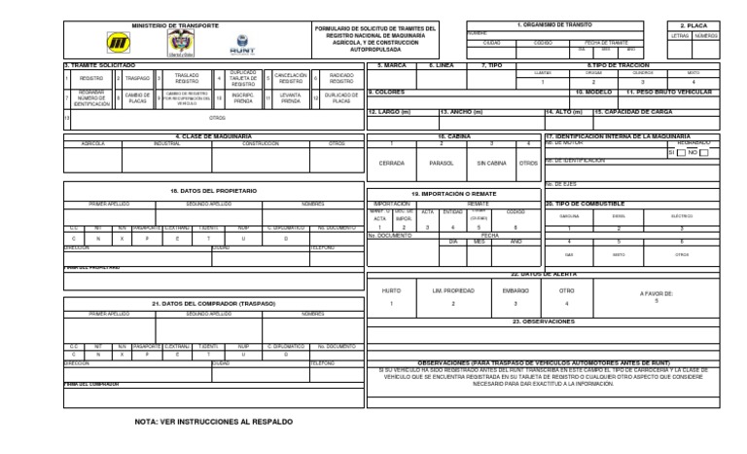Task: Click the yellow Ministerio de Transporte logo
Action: [x=119, y=44]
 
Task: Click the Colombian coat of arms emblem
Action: [x=176, y=44]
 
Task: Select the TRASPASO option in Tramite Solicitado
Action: [x=137, y=77]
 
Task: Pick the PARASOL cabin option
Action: [x=441, y=163]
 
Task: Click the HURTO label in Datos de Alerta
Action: [x=391, y=290]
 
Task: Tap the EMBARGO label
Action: [x=516, y=290]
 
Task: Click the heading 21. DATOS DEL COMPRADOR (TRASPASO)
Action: [x=214, y=303]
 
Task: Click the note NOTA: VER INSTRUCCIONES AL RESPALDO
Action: [x=213, y=422]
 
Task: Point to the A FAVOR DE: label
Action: [x=657, y=292]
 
